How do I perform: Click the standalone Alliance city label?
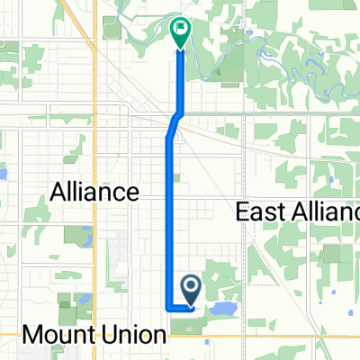click(94, 191)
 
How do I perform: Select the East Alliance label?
click(297, 211)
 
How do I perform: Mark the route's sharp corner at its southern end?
click(169, 308)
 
